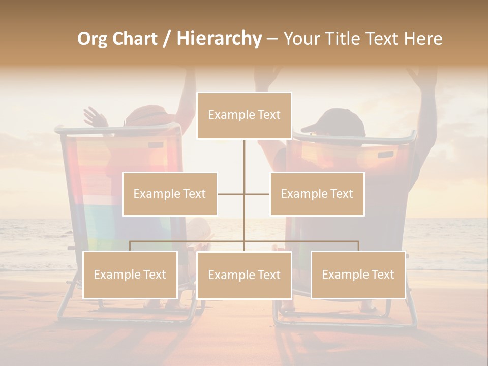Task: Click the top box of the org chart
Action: [244, 115]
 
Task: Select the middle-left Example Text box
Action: [170, 194]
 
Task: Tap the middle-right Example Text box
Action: [317, 194]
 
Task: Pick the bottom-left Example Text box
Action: [130, 274]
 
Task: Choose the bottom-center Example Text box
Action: [244, 275]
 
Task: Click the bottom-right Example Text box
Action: [358, 274]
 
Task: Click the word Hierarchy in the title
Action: [219, 38]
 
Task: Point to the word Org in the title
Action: [93, 39]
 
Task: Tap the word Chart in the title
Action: [135, 39]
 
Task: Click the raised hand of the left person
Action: [94, 116]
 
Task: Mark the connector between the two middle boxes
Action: [243, 194]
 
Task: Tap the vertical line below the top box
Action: [244, 155]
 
